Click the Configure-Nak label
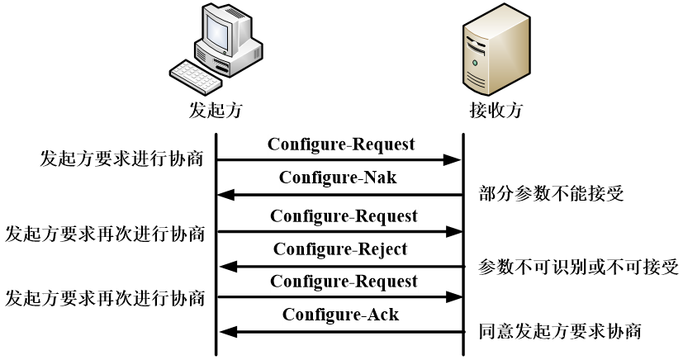click(339, 178)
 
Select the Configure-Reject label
click(340, 249)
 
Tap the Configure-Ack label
click(341, 315)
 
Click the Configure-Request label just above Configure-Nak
click(341, 144)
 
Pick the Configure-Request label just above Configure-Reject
click(344, 216)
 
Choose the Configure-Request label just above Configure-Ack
click(344, 282)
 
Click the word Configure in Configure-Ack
click(318, 315)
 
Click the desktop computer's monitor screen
click(216, 33)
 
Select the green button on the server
click(475, 63)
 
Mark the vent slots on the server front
click(477, 80)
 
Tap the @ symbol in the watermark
click(543, 343)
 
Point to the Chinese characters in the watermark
click(609, 343)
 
